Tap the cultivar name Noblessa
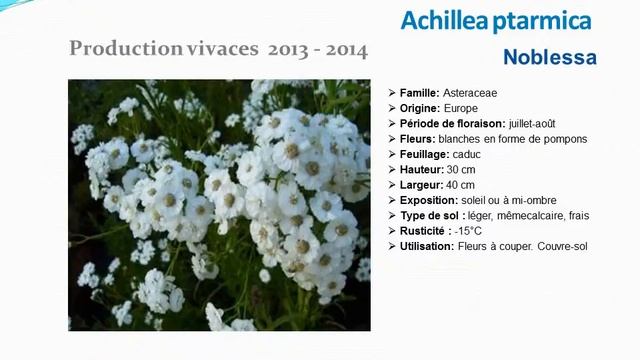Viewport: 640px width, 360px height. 550,57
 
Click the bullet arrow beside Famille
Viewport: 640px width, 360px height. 391,93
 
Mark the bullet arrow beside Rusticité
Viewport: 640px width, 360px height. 391,231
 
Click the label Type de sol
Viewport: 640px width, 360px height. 431,216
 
